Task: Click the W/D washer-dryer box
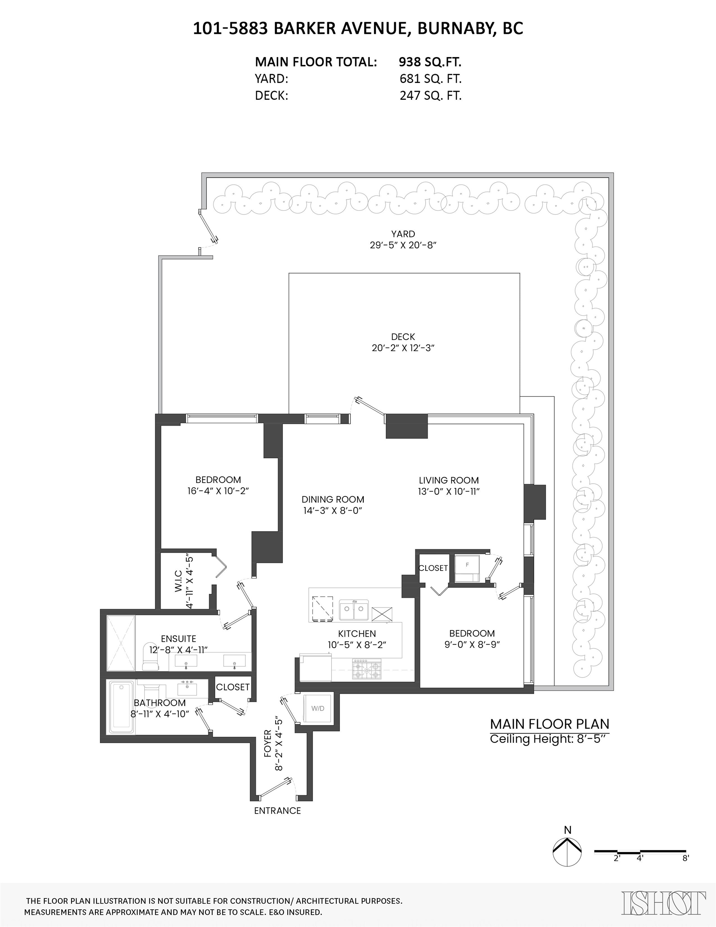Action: coord(318,708)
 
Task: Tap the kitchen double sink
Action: coord(354,610)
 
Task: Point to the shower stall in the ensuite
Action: coord(121,643)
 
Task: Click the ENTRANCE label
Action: coord(278,811)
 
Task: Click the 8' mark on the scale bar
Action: coord(685,858)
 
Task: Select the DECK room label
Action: coord(403,337)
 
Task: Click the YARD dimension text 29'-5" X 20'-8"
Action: coord(403,245)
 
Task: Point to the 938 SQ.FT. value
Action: coord(430,62)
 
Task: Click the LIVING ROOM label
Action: coord(449,480)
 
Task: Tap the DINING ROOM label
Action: coord(333,500)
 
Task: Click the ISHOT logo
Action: coord(664,902)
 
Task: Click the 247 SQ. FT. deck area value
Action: coord(430,95)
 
